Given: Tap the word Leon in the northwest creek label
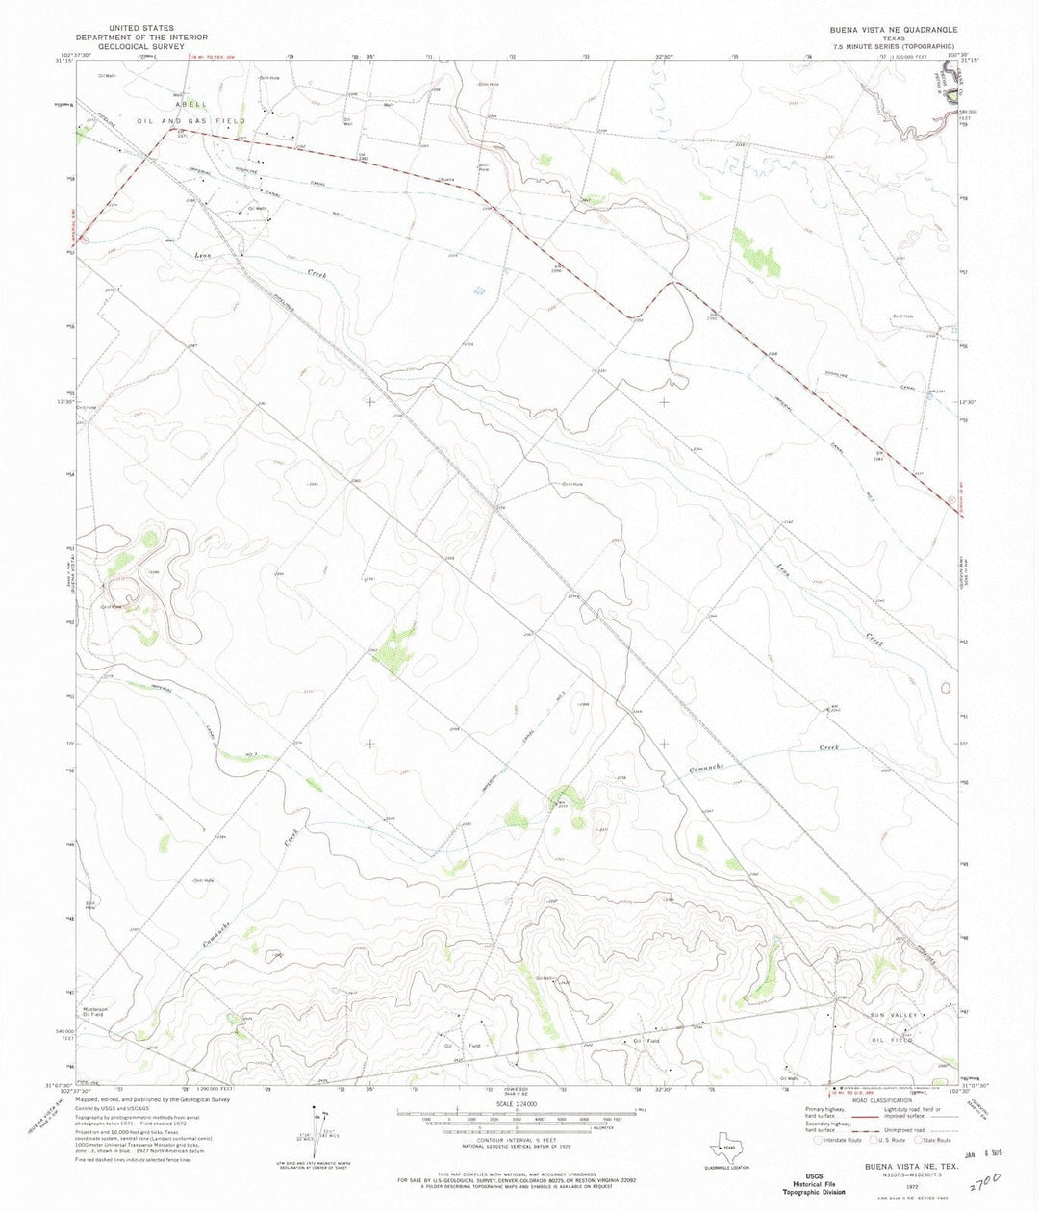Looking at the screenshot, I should [203, 256].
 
